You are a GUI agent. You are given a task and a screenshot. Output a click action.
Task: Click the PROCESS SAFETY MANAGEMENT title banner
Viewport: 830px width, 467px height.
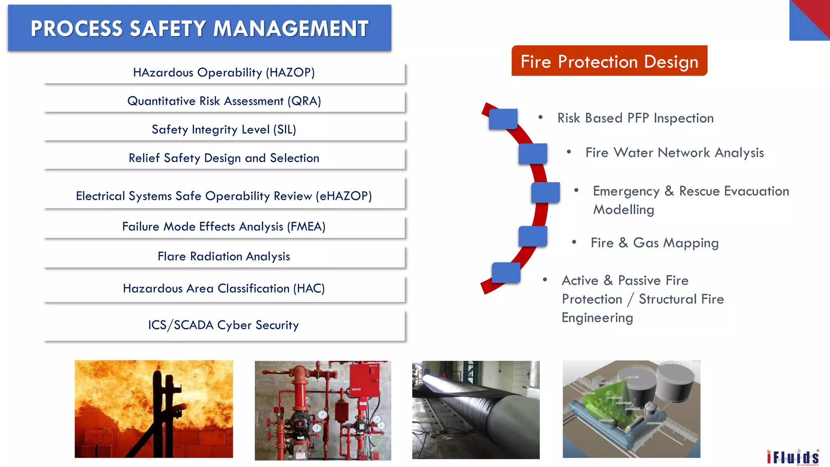[x=199, y=28]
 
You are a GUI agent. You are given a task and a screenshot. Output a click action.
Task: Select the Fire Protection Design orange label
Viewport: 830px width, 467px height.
[x=609, y=61]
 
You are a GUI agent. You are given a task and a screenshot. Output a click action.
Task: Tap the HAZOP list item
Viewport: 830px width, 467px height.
[x=224, y=73]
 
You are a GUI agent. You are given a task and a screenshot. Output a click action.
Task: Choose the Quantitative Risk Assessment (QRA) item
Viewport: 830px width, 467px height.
[x=224, y=101]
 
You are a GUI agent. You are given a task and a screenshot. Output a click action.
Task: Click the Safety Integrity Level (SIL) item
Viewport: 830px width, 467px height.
[x=224, y=130]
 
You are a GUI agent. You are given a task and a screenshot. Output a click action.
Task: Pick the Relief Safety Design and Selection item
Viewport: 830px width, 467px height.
[x=224, y=158]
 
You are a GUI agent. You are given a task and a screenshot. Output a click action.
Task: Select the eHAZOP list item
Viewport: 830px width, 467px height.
[x=224, y=196]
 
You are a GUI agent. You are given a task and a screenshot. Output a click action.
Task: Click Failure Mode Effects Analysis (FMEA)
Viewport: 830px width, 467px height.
[x=224, y=227]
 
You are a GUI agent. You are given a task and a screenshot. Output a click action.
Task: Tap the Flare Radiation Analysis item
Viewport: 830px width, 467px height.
[x=224, y=257]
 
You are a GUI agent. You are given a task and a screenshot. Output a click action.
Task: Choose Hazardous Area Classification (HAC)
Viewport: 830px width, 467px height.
[x=224, y=289]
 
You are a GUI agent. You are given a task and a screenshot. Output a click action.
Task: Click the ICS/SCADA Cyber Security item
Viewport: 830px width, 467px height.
[x=224, y=325]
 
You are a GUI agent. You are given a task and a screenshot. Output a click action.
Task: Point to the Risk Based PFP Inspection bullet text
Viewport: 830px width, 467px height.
[x=635, y=118]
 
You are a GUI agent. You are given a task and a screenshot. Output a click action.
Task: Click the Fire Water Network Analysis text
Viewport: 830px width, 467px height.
[x=674, y=153]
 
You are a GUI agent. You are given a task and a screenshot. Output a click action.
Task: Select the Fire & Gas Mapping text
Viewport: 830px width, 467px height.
[x=655, y=243]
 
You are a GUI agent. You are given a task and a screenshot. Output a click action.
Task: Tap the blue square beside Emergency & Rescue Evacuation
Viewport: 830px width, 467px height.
[x=545, y=193]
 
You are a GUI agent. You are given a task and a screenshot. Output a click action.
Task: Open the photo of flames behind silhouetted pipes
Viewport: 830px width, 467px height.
[x=154, y=409]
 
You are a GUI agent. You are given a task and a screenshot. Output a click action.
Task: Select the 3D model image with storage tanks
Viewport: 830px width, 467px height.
[x=631, y=409]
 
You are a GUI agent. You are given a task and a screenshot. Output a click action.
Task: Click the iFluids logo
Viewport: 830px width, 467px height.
[x=793, y=457]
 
